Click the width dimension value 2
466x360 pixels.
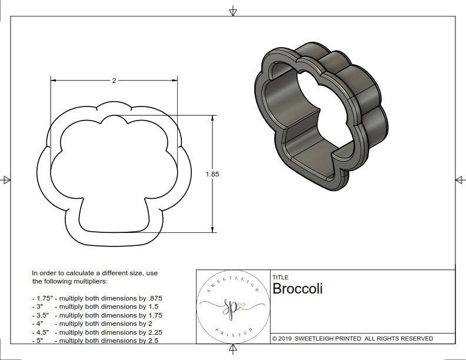pyautogui.click(x=114, y=81)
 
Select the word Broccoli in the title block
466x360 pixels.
pyautogui.click(x=297, y=289)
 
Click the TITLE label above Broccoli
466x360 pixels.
pyautogui.click(x=280, y=277)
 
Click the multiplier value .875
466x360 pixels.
pyautogui.click(x=154, y=298)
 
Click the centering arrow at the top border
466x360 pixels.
pyautogui.click(x=233, y=11)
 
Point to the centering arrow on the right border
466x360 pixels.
pyautogui.click(x=460, y=179)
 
